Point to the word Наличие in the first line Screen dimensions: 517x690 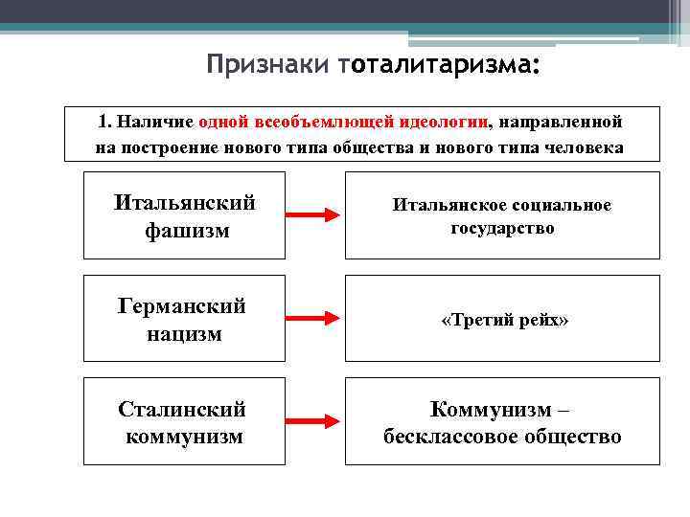tap(156, 123)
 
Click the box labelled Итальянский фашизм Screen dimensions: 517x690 tap(184, 215)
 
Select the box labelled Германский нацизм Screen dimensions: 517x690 tap(184, 319)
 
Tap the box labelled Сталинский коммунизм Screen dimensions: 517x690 tap(184, 422)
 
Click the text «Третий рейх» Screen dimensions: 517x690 tap(504, 320)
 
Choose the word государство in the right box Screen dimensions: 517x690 tap(502, 229)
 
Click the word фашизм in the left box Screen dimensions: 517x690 tap(187, 230)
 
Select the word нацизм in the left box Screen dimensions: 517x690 tap(184, 333)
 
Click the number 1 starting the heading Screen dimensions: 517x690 tap(102, 123)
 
